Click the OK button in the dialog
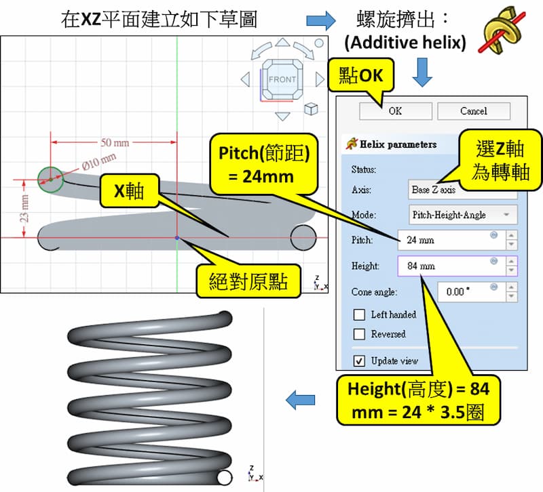[x=394, y=111]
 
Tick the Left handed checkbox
[x=360, y=314]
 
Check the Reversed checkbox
[x=360, y=334]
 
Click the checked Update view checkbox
[x=360, y=361]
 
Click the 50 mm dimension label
[x=115, y=143]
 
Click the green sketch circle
[x=50, y=180]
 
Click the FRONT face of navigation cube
[x=282, y=79]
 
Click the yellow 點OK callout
[x=360, y=75]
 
